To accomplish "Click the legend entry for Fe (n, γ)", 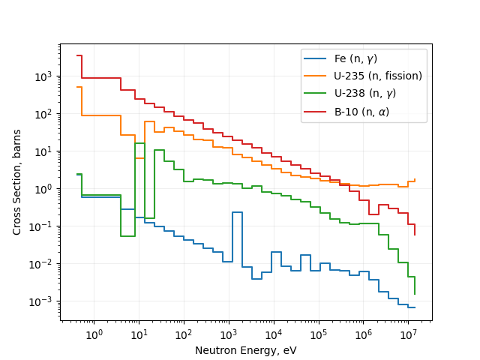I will coord(355,58).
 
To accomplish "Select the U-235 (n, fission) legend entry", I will coord(378,76).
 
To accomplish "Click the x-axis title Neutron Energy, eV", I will coord(246,350).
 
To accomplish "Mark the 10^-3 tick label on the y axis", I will coord(45,301).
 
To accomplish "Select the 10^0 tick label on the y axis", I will coord(46,189).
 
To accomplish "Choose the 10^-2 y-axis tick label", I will coord(45,264).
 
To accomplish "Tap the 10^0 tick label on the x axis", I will coord(94,334).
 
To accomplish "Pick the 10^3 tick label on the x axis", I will coord(228,334).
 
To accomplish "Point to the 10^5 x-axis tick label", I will coord(318,334).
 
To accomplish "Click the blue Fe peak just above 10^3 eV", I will coord(237,212).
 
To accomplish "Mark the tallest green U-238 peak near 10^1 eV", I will coord(139,143).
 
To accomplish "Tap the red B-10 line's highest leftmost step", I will coord(79,55).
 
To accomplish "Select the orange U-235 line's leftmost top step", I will coord(79,87).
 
